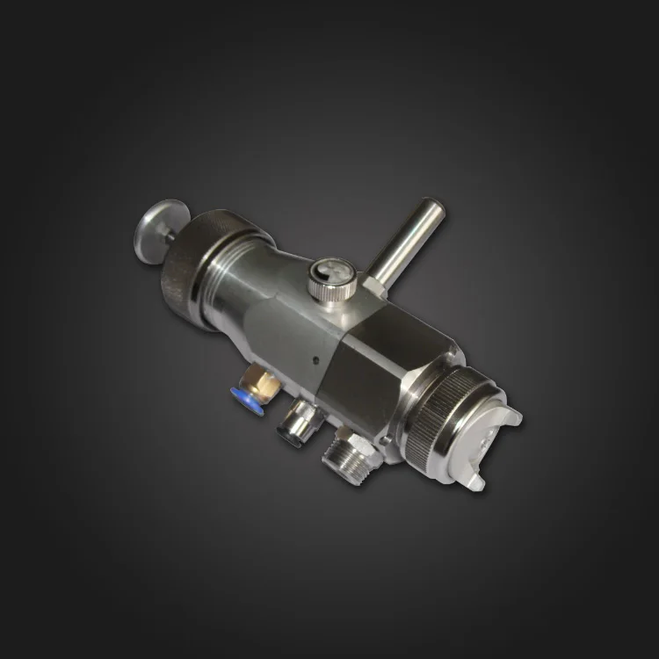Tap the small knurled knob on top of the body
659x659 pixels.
point(327,280)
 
